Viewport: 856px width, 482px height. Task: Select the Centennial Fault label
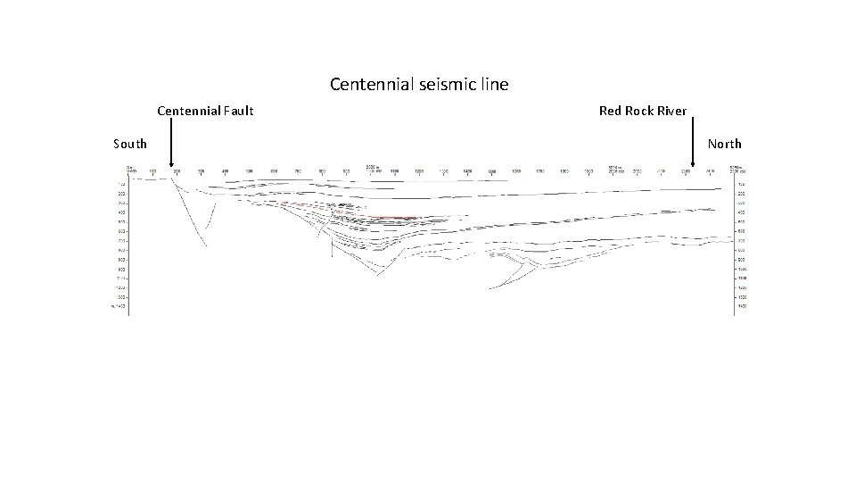[205, 111]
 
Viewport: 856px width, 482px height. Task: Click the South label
[130, 144]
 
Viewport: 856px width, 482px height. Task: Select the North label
[725, 144]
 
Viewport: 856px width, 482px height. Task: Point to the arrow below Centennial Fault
[170, 147]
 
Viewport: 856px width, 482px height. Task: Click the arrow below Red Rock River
[693, 147]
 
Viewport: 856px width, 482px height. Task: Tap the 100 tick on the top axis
[152, 170]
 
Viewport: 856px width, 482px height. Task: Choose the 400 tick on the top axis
[226, 170]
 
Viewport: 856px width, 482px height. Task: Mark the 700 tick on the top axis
[298, 170]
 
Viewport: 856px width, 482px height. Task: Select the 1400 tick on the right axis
[740, 306]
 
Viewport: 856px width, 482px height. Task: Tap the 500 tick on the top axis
[250, 170]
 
